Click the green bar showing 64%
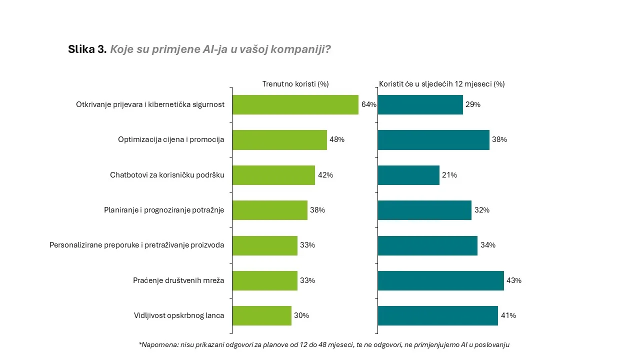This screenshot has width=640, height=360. coord(295,105)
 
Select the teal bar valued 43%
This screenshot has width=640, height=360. coord(441,280)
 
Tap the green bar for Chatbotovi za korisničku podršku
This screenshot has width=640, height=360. coord(273,175)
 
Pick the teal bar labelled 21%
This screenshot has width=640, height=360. coord(408,175)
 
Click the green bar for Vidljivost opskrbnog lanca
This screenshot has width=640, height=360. coord(262,315)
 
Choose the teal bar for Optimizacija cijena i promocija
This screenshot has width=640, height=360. coord(433,140)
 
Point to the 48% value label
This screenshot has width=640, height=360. coord(337,139)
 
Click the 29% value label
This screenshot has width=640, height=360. coord(473,104)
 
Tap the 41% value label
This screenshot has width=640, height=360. coord(508,315)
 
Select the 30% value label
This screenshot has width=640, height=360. coord(301,315)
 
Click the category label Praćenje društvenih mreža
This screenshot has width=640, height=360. coord(178,280)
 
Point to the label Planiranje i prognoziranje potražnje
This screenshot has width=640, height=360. coord(164,210)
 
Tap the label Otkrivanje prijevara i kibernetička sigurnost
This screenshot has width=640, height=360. coord(150,104)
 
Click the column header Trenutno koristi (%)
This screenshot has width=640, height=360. coord(295,84)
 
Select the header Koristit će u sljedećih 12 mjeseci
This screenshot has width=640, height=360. coord(435,84)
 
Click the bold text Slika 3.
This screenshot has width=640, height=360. coord(87,49)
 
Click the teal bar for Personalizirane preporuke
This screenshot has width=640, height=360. coord(427,245)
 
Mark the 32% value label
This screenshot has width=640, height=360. coord(482,210)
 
